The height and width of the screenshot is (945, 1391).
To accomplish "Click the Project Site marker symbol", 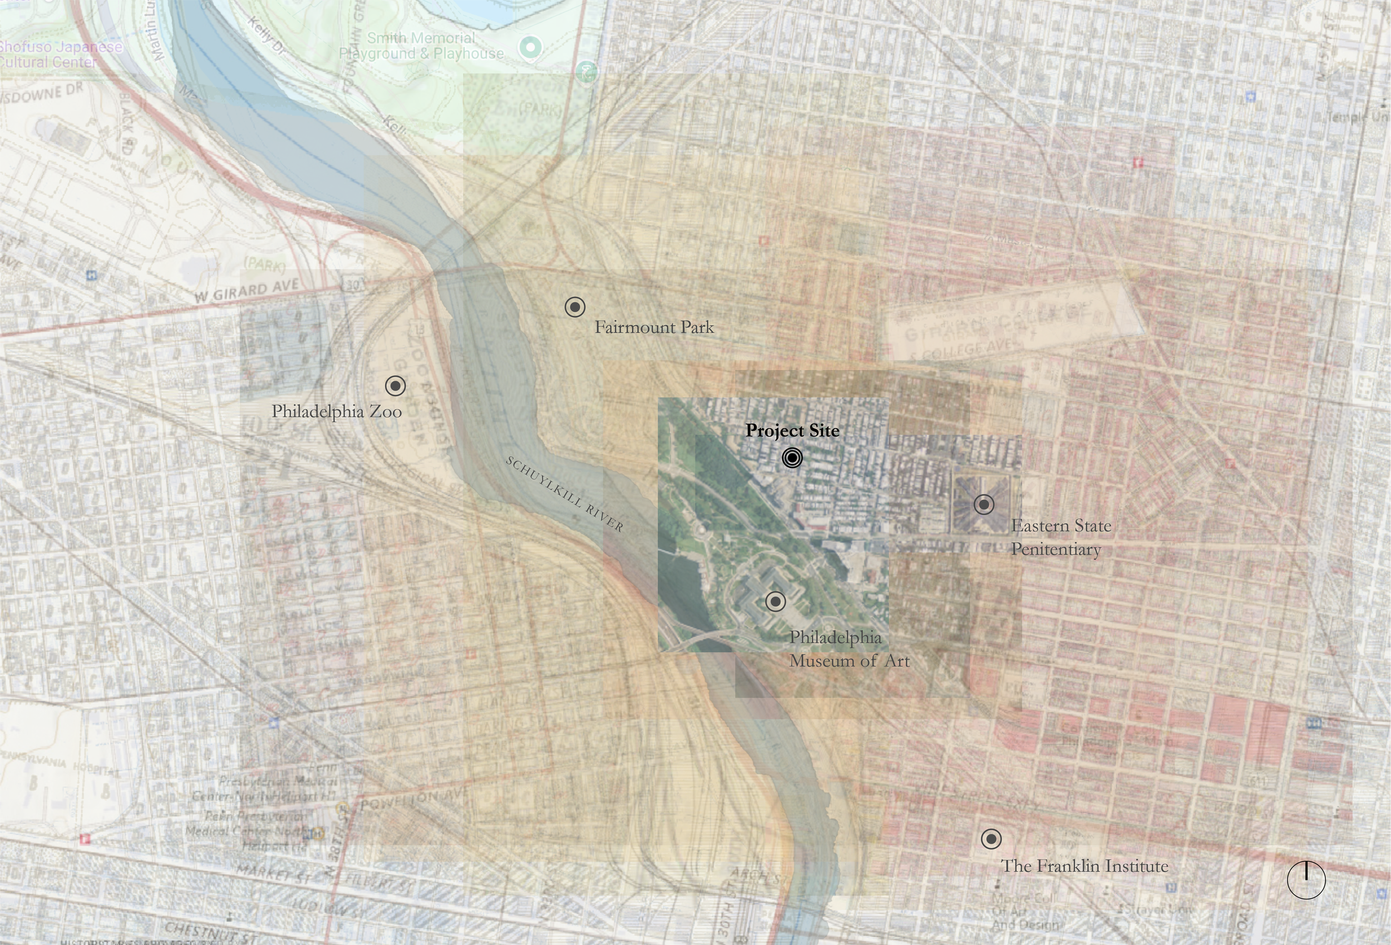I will click(x=792, y=458).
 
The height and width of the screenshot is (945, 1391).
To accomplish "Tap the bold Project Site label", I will click(x=792, y=431).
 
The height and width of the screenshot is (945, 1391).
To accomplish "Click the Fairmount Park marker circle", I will click(x=575, y=307).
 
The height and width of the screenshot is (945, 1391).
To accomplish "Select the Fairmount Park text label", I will click(x=654, y=328).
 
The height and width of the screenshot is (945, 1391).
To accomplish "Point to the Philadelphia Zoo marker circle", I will click(x=395, y=386).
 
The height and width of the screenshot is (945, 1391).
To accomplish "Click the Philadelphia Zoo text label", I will click(x=337, y=411).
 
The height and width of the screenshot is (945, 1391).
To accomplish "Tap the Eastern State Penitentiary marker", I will click(x=983, y=505).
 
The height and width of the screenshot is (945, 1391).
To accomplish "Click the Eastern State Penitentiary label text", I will click(x=1060, y=538).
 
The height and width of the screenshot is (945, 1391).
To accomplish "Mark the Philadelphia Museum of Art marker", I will click(x=775, y=601).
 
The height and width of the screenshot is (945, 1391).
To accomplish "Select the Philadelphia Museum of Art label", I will click(x=848, y=649).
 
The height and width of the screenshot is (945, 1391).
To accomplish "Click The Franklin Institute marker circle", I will click(x=990, y=839).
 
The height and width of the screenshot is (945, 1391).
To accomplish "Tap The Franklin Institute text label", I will click(x=1084, y=866).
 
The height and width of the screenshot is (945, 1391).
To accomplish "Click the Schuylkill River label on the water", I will click(x=564, y=494).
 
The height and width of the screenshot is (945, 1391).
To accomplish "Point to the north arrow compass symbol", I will click(x=1306, y=880).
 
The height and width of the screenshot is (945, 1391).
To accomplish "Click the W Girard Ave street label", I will click(x=246, y=291).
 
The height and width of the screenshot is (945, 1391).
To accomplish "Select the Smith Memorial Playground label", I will click(x=421, y=46).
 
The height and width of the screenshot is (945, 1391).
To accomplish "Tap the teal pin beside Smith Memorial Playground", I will click(x=530, y=47).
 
